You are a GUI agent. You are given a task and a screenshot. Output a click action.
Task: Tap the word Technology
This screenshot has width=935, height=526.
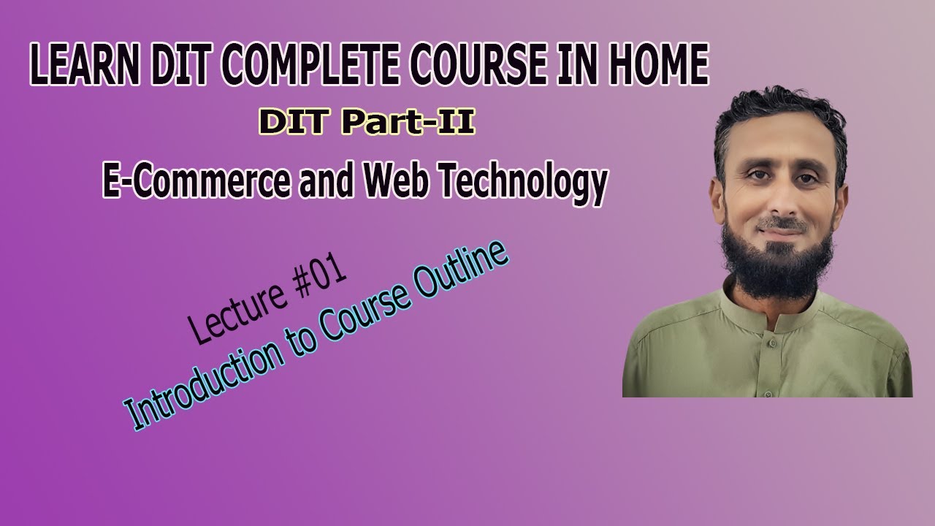(522, 183)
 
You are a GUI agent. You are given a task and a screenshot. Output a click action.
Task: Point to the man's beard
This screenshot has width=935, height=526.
(777, 263)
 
